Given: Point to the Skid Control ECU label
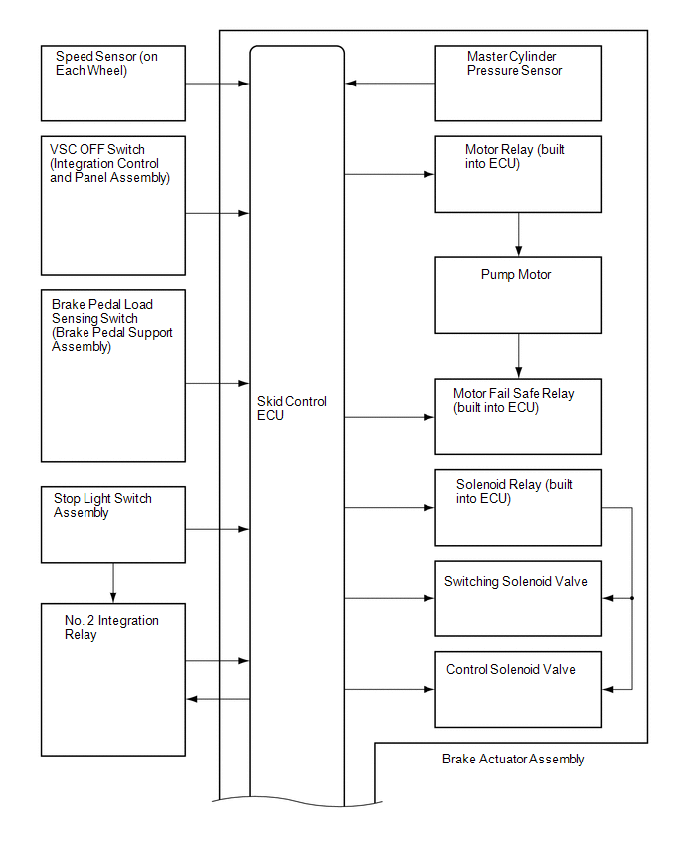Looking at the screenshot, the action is coord(291,408).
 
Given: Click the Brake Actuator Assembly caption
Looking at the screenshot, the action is coord(513,759).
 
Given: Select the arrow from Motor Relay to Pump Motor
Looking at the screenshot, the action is coord(519,235).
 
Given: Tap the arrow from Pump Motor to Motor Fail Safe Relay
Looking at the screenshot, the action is coord(519,356).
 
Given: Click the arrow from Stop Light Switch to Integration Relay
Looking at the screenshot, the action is coord(113,583).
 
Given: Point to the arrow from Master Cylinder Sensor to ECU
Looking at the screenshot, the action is coord(390,84).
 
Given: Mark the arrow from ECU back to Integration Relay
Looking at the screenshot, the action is coord(218,699).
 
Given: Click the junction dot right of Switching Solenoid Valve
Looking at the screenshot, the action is coord(632,598).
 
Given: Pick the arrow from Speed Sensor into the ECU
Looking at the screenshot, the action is coord(217,84).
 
